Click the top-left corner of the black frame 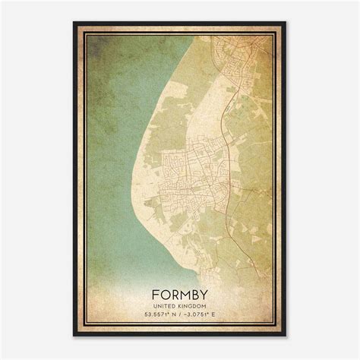tap(74, 23)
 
